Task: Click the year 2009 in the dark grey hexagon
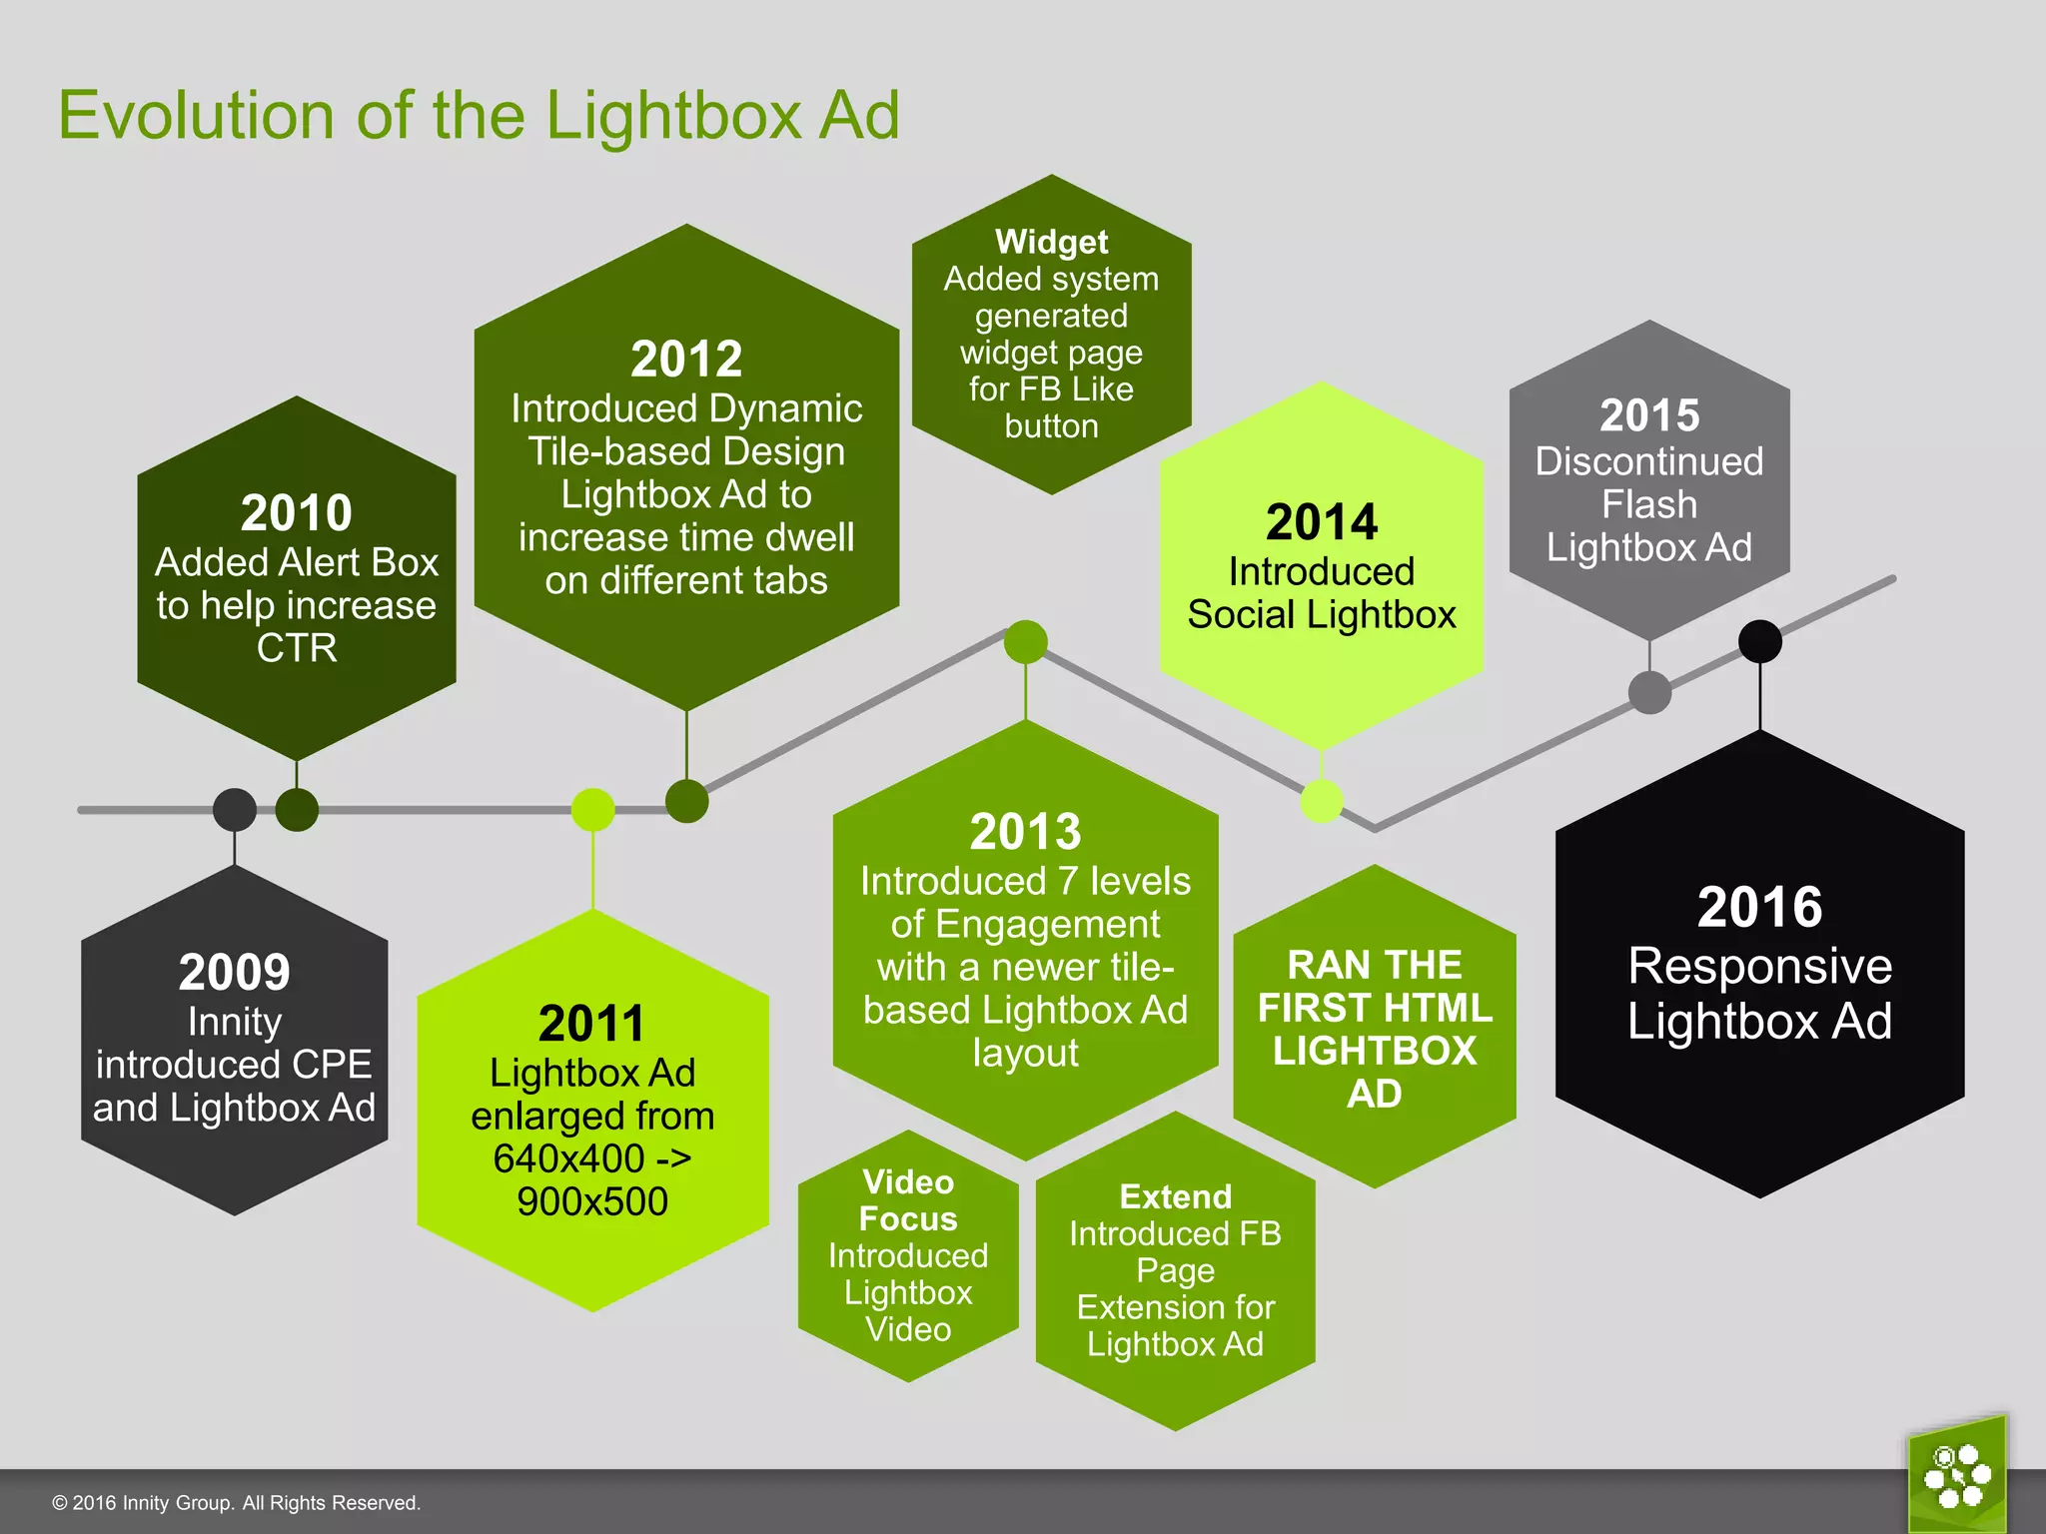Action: pyautogui.click(x=234, y=972)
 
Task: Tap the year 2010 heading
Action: pyautogui.click(x=296, y=513)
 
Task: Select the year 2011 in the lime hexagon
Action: pyautogui.click(x=591, y=1024)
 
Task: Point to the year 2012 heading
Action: pyautogui.click(x=686, y=360)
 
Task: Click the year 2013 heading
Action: pyautogui.click(x=1025, y=832)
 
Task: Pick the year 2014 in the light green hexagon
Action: pyautogui.click(x=1321, y=522)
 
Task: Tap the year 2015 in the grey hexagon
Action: pyautogui.click(x=1648, y=415)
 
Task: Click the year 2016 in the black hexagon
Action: pyautogui.click(x=1759, y=907)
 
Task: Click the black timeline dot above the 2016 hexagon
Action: pyautogui.click(x=1759, y=641)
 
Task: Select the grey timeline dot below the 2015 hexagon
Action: pyautogui.click(x=1649, y=692)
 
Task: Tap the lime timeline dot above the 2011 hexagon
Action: pyautogui.click(x=592, y=809)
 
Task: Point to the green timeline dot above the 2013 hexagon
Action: pyautogui.click(x=1025, y=641)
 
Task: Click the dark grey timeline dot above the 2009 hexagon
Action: pyautogui.click(x=234, y=809)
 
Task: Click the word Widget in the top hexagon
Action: pyautogui.click(x=1051, y=242)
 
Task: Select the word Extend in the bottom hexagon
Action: pyautogui.click(x=1175, y=1196)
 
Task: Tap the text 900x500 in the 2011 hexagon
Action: pyautogui.click(x=591, y=1201)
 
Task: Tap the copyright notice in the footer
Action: pyautogui.click(x=236, y=1503)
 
